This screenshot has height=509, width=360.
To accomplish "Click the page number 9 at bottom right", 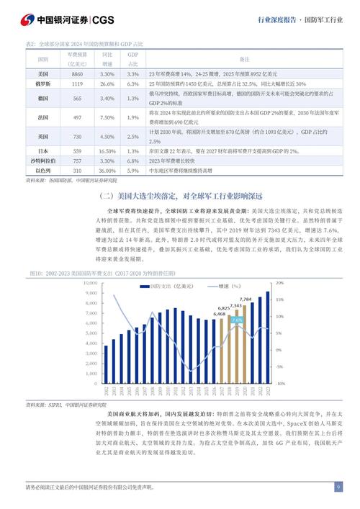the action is [338, 487].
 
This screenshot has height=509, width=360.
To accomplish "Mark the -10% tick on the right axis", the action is [280, 384].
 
